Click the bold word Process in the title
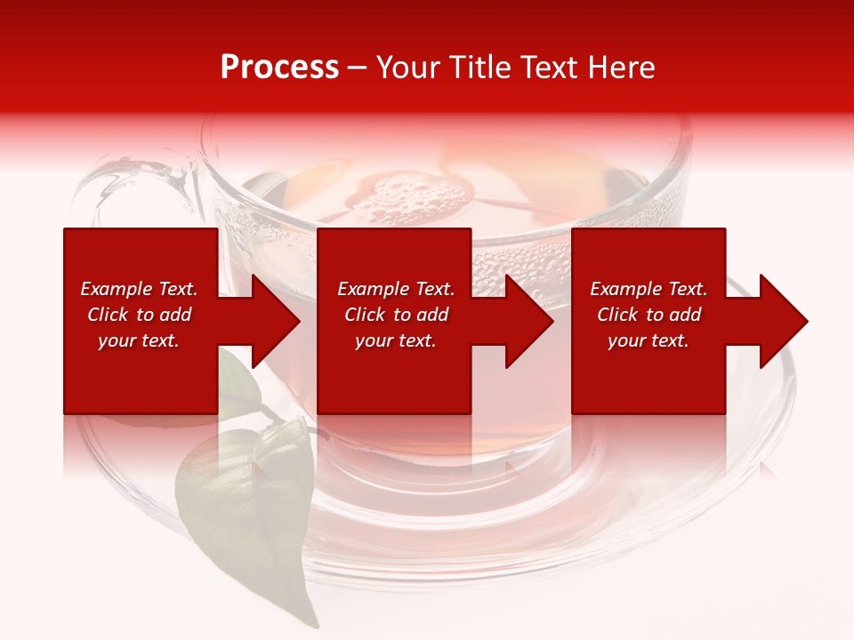pyautogui.click(x=279, y=68)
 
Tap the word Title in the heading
pyautogui.click(x=480, y=68)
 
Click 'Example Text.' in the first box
pyautogui.click(x=139, y=289)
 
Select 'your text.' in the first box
pyautogui.click(x=139, y=340)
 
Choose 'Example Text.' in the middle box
pyautogui.click(x=396, y=289)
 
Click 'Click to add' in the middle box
pyautogui.click(x=396, y=315)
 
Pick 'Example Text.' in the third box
pyautogui.click(x=649, y=289)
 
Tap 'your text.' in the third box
pyautogui.click(x=649, y=340)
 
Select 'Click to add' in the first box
pyautogui.click(x=139, y=315)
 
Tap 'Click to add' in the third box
pyautogui.click(x=649, y=315)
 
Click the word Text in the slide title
pyautogui.click(x=546, y=68)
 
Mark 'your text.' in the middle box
pyautogui.click(x=396, y=340)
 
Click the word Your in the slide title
pyautogui.click(x=408, y=68)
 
